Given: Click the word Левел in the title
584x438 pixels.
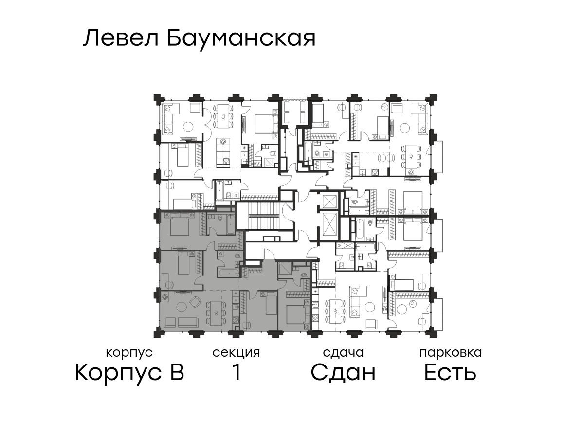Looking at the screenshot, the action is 121,38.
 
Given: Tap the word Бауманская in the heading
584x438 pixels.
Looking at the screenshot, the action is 241,39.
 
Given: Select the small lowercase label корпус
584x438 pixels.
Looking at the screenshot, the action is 129,353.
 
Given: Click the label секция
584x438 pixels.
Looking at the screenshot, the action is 236,353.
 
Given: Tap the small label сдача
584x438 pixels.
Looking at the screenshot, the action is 343,353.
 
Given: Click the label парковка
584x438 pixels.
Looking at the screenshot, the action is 451,353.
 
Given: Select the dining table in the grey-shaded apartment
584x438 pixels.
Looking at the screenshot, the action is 216,313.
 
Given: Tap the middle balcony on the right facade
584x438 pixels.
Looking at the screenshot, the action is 437,236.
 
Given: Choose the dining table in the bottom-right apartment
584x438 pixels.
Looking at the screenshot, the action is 335,311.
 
